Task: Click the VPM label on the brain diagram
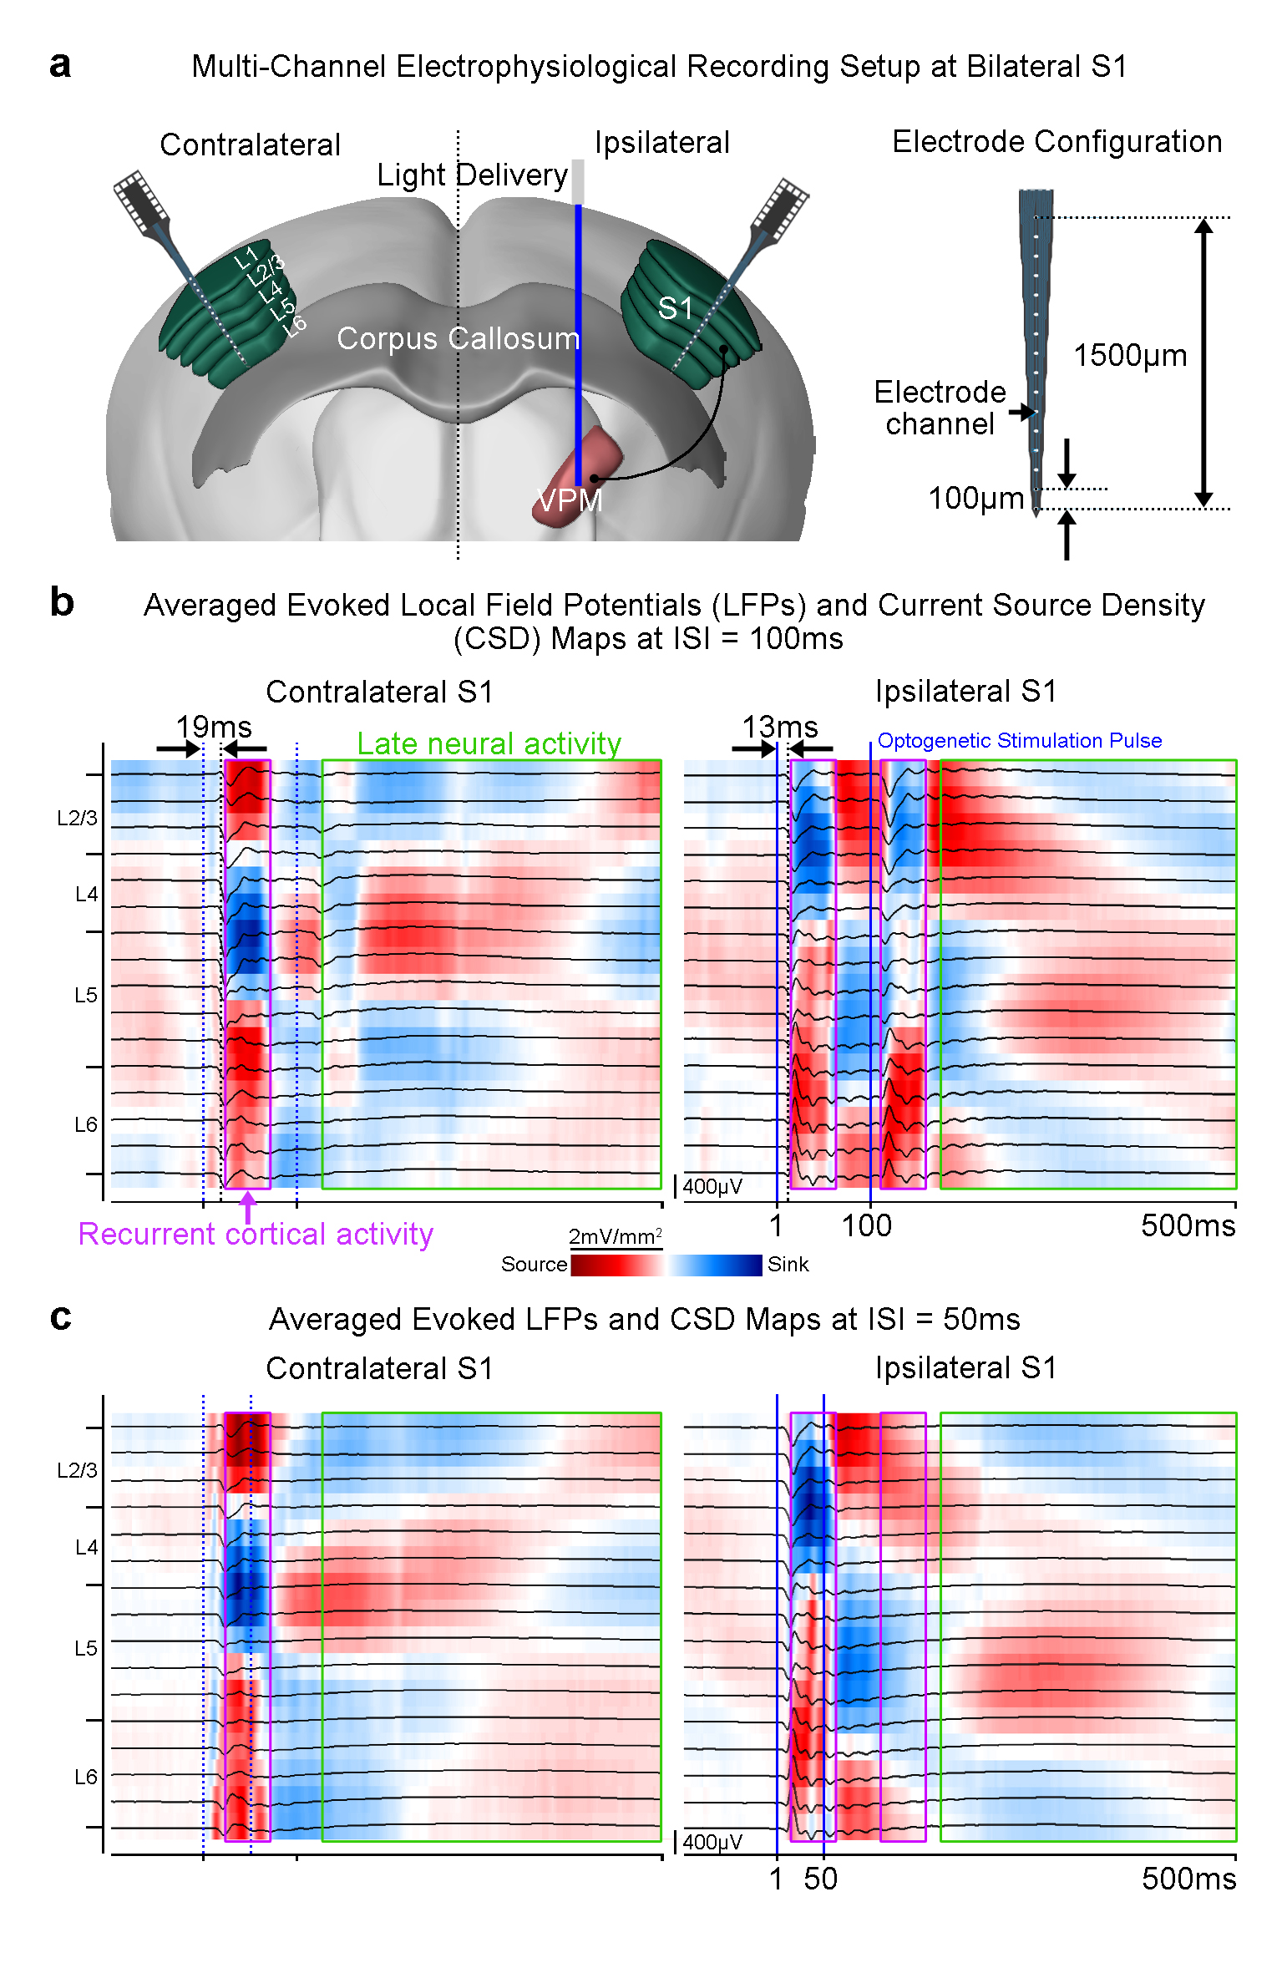pos(570,500)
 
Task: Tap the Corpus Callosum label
pos(458,338)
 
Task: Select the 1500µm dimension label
pos(1129,355)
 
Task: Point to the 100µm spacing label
pos(975,498)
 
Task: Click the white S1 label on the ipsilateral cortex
pos(675,308)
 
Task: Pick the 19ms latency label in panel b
pos(213,726)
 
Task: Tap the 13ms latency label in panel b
pos(780,726)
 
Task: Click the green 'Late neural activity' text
pos(489,743)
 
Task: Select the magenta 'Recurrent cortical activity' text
pos(256,1234)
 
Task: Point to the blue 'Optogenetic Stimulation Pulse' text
pos(1019,740)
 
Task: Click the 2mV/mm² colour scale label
pos(616,1236)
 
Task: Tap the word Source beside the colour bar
pos(534,1264)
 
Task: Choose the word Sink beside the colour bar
pos(788,1264)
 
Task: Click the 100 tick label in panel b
pos(866,1225)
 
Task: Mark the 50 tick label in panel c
pos(820,1879)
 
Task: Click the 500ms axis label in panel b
pos(1188,1225)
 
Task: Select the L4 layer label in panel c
pos(87,1547)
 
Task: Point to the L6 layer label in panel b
pos(86,1124)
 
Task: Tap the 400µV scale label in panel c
pos(712,1842)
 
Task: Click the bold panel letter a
pos(60,65)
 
